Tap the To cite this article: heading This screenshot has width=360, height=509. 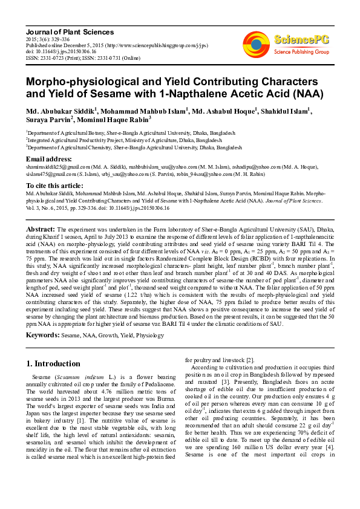coord(54,185)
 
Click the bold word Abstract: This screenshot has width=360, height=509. coord(41,230)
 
